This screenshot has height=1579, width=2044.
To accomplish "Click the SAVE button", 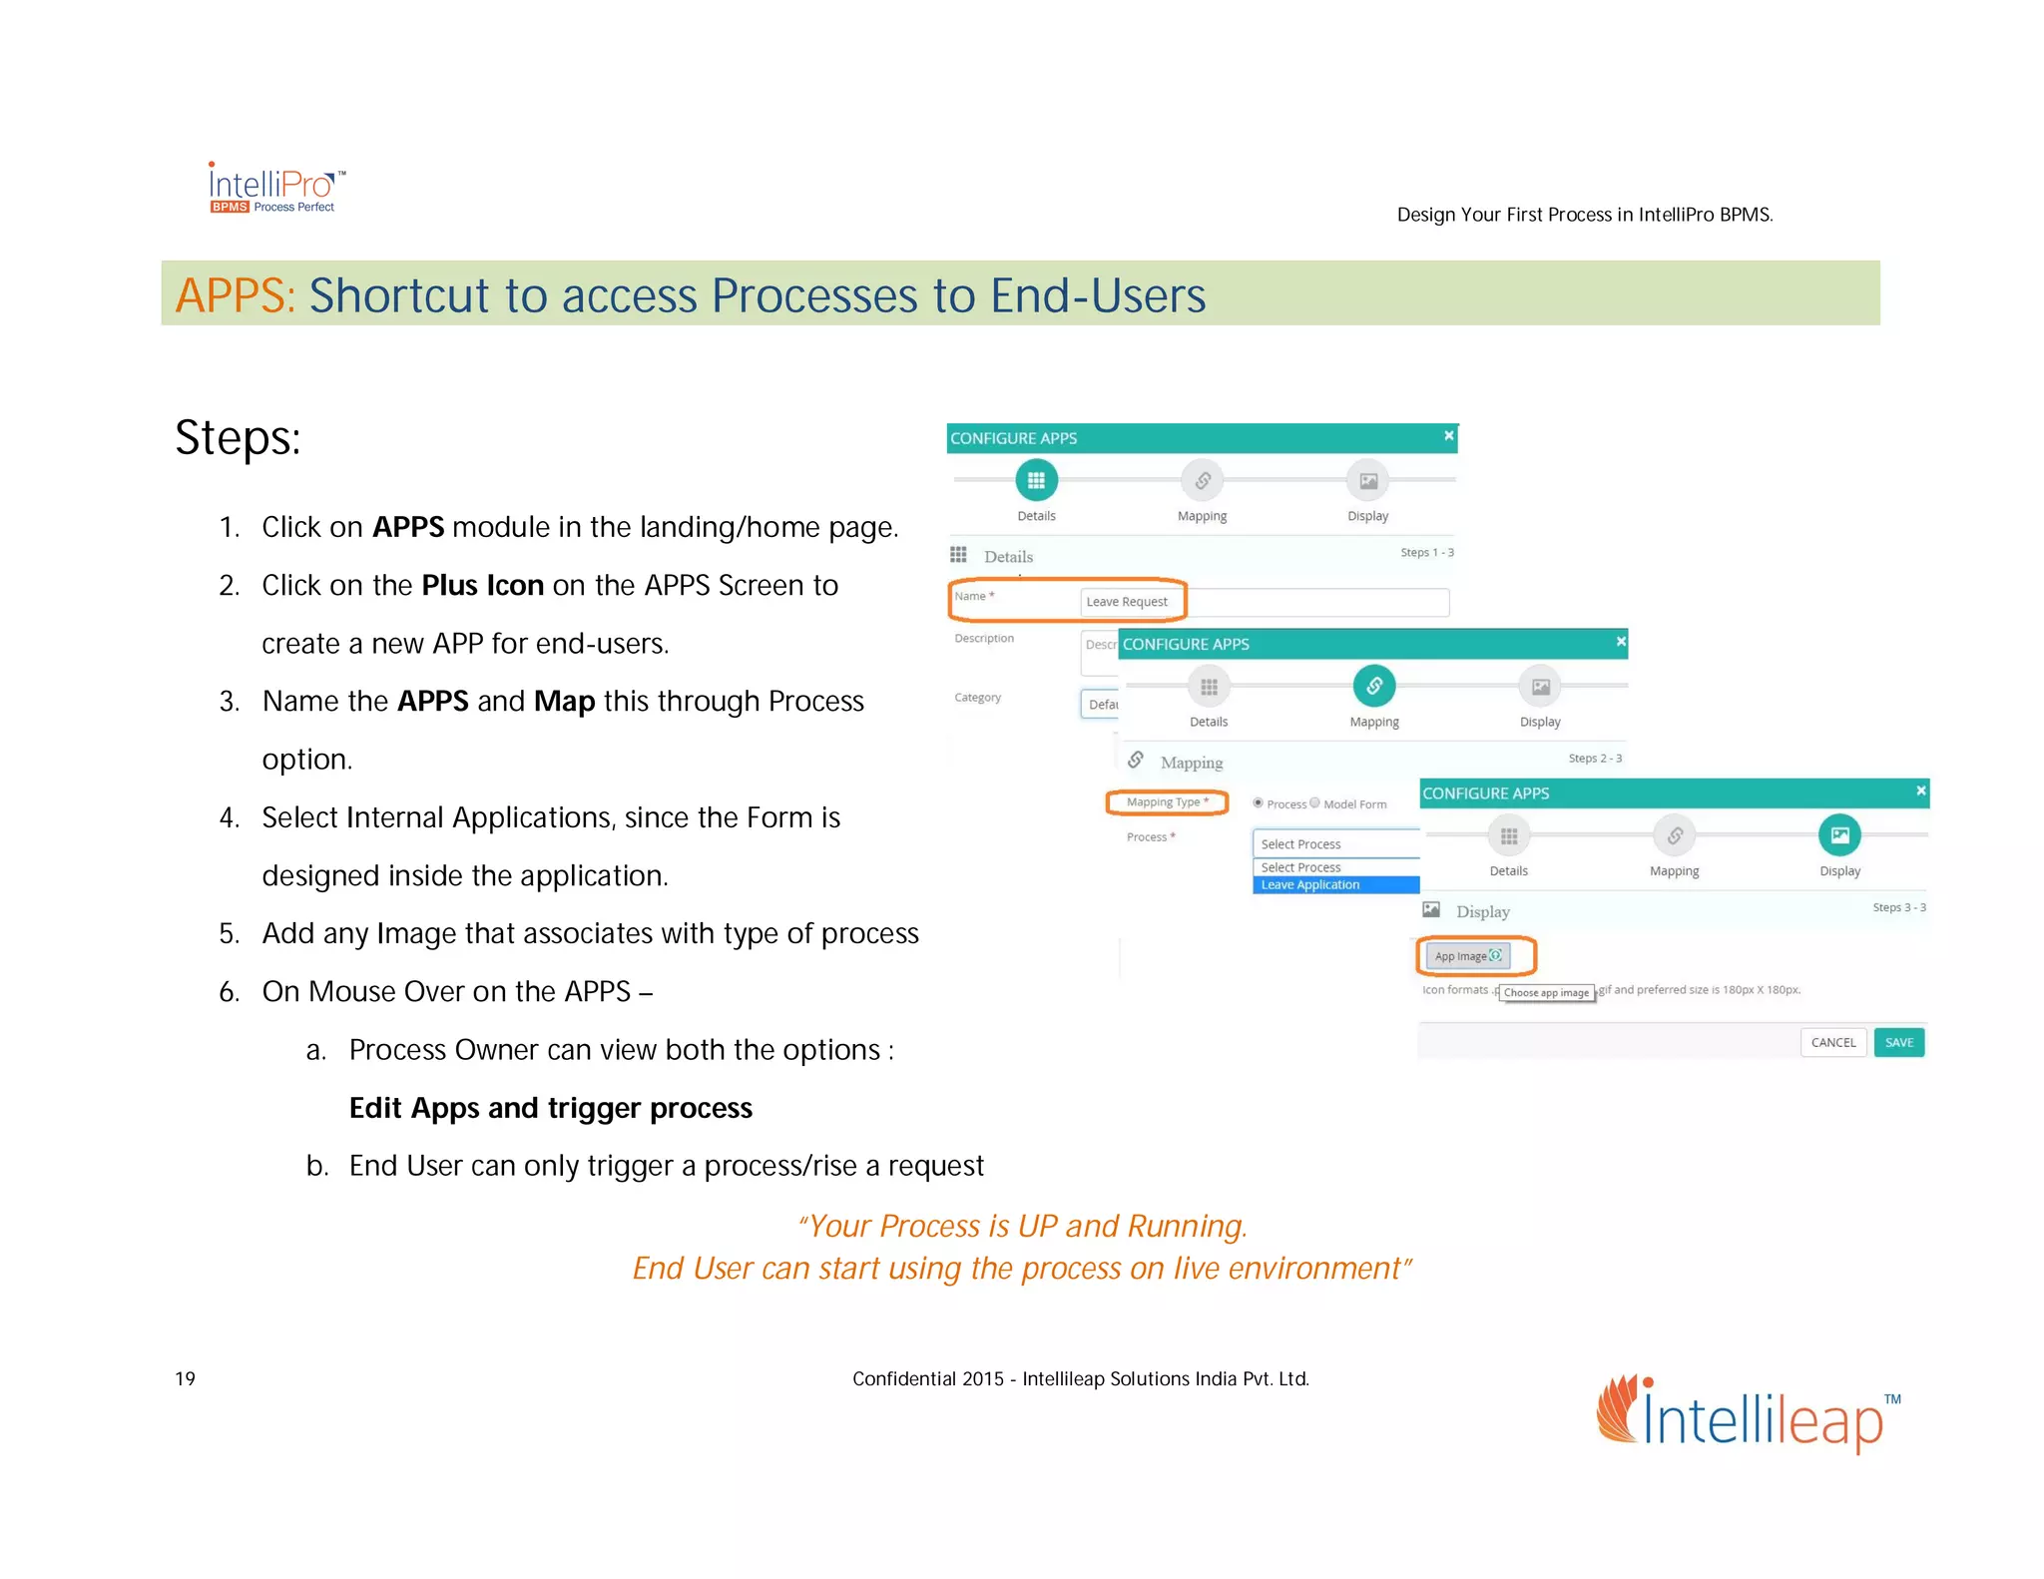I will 1898,1042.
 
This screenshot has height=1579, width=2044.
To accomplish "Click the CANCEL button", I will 1832,1042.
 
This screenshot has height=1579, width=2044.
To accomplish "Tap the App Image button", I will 1467,956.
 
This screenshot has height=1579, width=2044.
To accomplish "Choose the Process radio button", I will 1259,802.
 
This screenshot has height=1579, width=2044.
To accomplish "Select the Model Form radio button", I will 1315,802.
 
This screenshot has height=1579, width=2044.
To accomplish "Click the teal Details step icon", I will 1036,480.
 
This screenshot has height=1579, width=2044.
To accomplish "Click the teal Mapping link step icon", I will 1374,686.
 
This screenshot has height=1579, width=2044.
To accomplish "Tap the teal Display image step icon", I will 1839,835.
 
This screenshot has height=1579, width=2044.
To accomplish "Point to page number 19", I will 186,1378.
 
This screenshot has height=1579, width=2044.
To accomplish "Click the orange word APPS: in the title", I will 236,295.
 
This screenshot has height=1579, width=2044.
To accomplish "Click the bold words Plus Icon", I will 482,585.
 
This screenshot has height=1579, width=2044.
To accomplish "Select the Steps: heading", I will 238,438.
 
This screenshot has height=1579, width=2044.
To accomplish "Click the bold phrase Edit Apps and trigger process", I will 550,1108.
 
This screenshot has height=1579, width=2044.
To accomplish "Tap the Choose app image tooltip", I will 1546,993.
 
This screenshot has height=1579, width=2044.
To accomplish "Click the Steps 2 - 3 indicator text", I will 1594,759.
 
